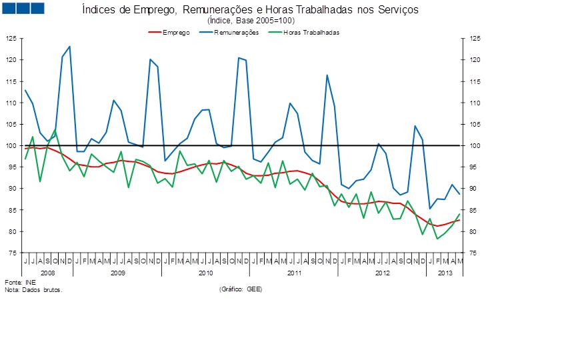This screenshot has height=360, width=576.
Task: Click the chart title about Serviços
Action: click(x=251, y=11)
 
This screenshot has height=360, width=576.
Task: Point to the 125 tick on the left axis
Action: click(x=11, y=39)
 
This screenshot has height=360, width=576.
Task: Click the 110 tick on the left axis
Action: click(x=11, y=103)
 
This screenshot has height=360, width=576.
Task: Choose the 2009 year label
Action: click(x=117, y=273)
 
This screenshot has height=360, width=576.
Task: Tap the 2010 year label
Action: click(x=205, y=273)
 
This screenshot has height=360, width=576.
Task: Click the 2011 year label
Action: click(x=293, y=273)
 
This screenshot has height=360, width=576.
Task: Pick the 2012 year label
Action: click(x=382, y=273)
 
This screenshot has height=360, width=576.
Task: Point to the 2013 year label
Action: click(x=444, y=273)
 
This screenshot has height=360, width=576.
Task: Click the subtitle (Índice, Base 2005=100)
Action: click(x=251, y=21)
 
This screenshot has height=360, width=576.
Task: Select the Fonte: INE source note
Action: click(x=15, y=283)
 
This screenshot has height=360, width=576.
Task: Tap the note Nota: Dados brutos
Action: click(x=33, y=290)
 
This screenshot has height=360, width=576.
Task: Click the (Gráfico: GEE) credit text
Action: click(x=240, y=290)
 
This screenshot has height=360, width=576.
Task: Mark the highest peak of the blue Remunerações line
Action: click(x=69, y=47)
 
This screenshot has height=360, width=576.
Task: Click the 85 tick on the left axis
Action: click(x=11, y=210)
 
